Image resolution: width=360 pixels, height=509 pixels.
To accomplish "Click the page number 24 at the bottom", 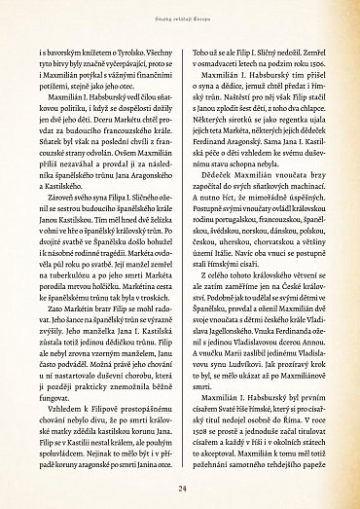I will (x=180, y=489).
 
